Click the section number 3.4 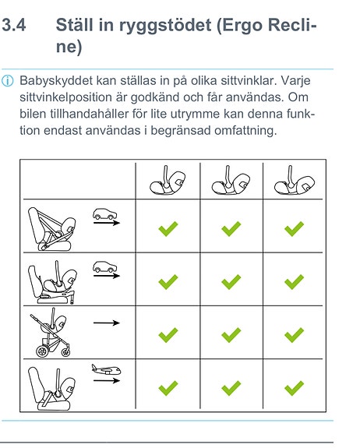pyautogui.click(x=14, y=25)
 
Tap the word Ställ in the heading pyautogui.click(x=75, y=25)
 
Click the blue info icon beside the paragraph pyautogui.click(x=8, y=81)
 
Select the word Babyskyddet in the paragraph pyautogui.click(x=56, y=81)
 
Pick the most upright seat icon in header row pyautogui.click(x=168, y=181)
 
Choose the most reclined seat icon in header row pyautogui.click(x=295, y=181)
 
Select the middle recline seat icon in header pyautogui.click(x=231, y=181)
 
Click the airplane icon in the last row pyautogui.click(x=106, y=369)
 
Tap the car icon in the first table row pyautogui.click(x=105, y=213)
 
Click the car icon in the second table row pyautogui.click(x=105, y=267)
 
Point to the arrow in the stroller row pyautogui.click(x=107, y=323)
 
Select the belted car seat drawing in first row pyautogui.click(x=52, y=229)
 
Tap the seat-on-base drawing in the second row pyautogui.click(x=52, y=282)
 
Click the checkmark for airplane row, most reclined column pyautogui.click(x=295, y=388)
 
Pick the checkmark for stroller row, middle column pyautogui.click(x=231, y=335)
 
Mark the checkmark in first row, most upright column pyautogui.click(x=168, y=228)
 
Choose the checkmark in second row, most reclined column pyautogui.click(x=295, y=282)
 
